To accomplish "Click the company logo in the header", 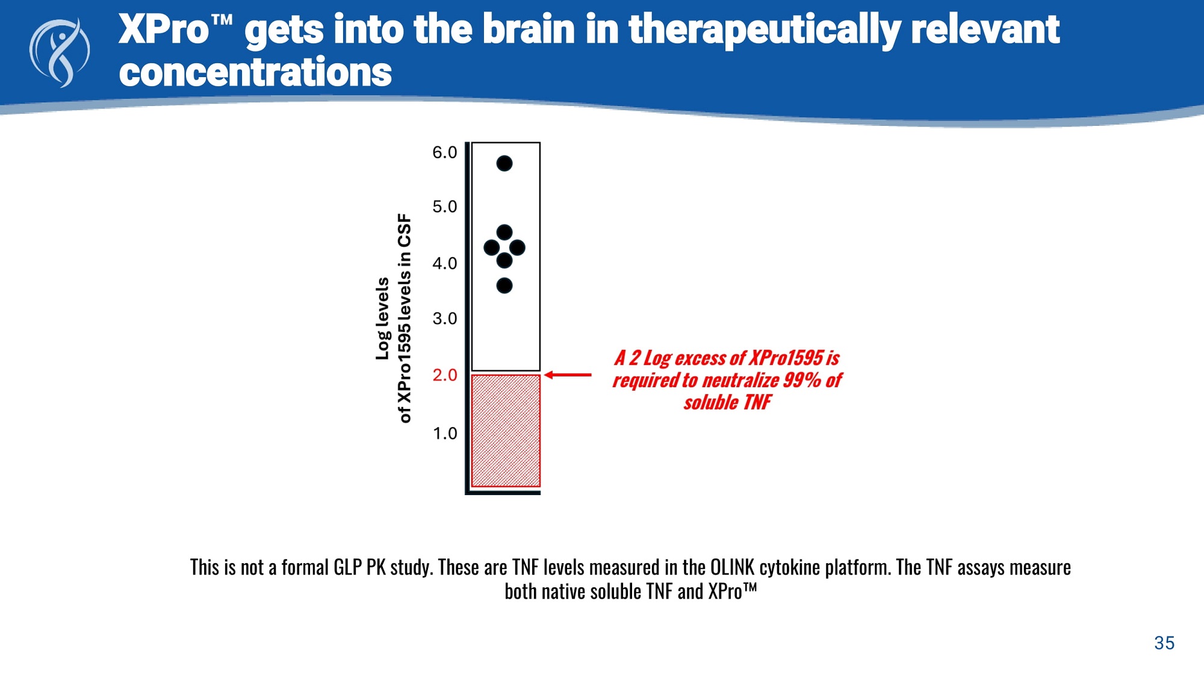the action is point(60,53).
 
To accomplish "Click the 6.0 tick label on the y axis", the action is point(445,152).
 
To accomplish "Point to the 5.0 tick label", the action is point(445,207).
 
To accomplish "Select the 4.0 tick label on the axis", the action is point(445,263).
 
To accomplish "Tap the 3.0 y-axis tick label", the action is point(445,319).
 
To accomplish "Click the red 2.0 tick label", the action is point(445,375).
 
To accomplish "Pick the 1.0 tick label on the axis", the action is point(445,434).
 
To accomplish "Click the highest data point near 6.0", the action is point(504,163).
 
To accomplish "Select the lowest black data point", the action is point(504,285).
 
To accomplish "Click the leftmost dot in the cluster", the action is point(491,248).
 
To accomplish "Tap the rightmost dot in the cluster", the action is point(517,248).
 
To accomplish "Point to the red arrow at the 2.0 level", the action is point(568,375).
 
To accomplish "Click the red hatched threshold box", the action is point(506,431).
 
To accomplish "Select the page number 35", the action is point(1164,643).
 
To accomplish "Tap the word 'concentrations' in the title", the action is point(255,72).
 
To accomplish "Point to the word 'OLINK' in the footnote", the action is point(732,568).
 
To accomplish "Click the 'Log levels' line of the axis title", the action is point(382,319).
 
